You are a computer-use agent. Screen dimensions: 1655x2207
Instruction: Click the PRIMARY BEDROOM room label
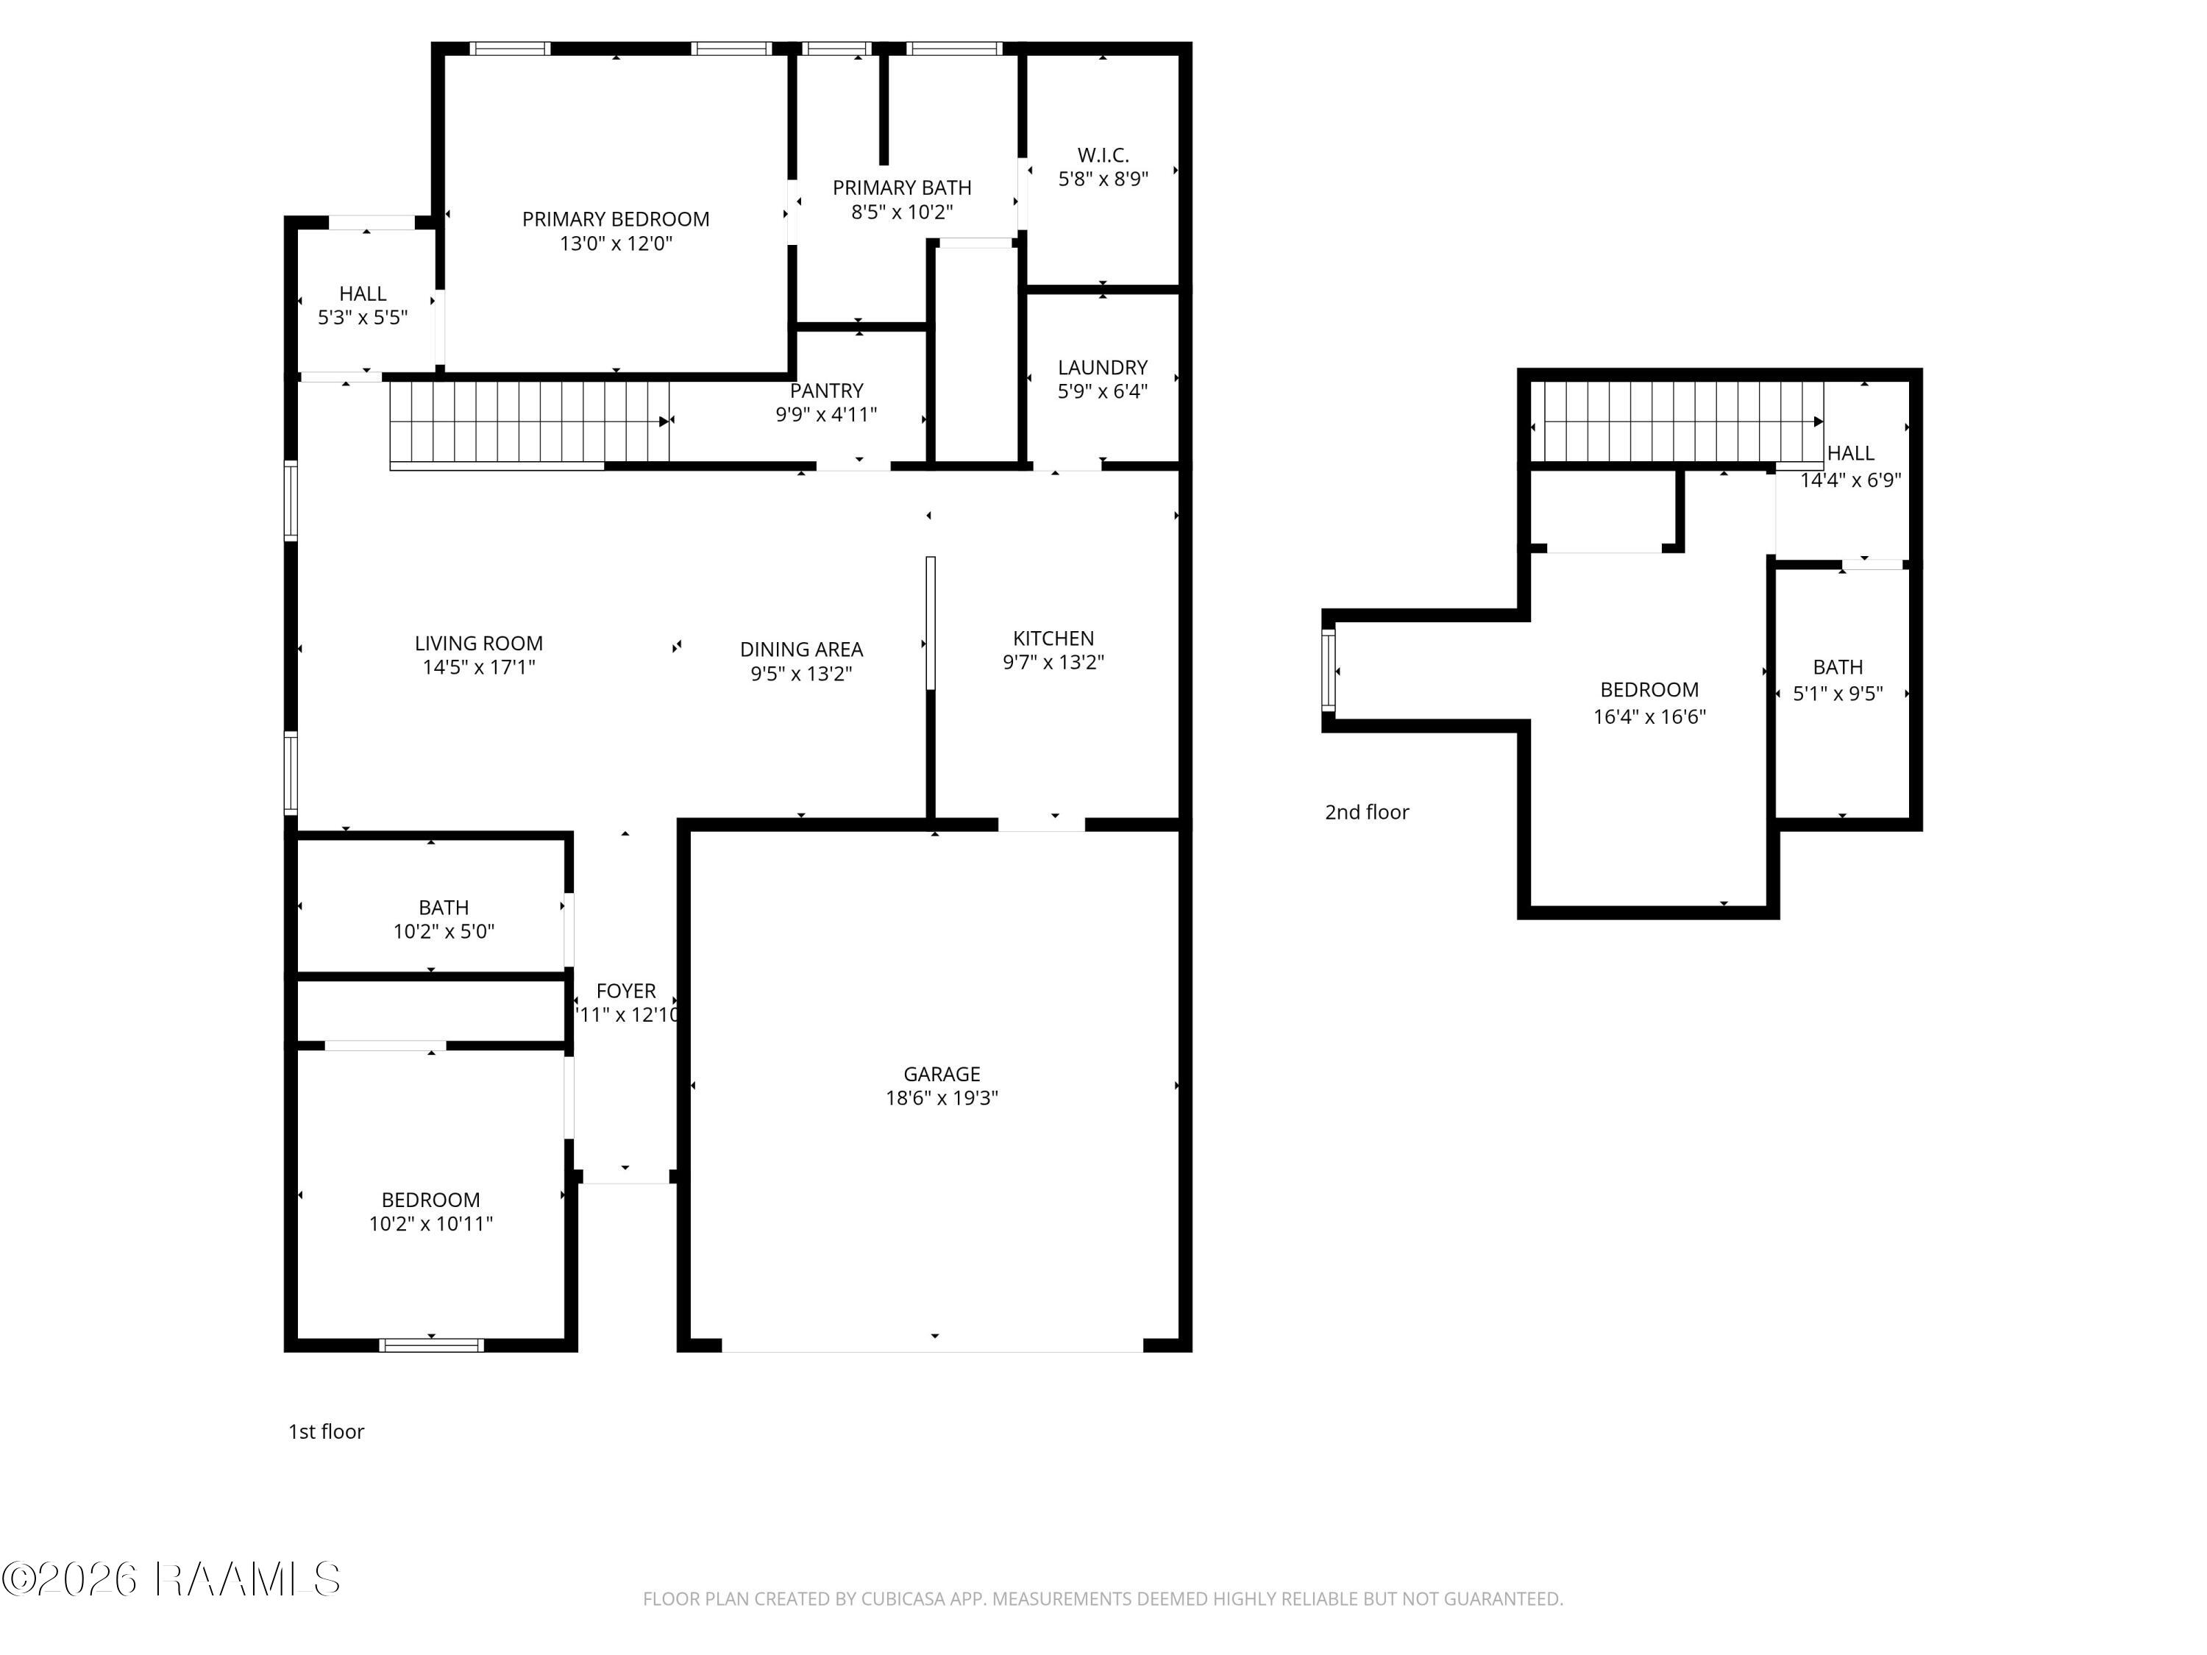point(616,219)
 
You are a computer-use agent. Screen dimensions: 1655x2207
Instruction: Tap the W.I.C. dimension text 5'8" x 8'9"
point(1103,179)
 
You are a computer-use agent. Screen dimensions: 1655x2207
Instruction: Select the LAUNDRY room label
point(1103,367)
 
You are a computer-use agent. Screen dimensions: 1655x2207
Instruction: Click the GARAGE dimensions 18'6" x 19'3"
point(941,1098)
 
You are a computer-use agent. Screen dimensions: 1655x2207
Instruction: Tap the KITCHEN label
point(1053,638)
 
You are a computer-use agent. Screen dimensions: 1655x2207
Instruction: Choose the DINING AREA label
point(801,649)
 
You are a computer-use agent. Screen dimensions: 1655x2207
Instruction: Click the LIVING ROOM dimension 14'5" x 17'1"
point(479,667)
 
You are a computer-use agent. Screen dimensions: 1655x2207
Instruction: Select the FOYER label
point(625,991)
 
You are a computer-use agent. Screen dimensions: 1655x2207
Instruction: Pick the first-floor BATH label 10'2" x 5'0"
point(443,908)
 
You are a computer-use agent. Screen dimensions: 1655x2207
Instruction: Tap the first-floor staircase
point(529,423)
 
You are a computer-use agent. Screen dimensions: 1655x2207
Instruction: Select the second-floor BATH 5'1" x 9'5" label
point(1837,667)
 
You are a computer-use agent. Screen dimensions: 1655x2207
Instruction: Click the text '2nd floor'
point(1366,813)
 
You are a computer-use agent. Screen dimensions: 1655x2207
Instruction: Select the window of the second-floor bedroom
point(1328,669)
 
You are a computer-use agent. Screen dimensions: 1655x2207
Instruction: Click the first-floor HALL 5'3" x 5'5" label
point(362,294)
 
